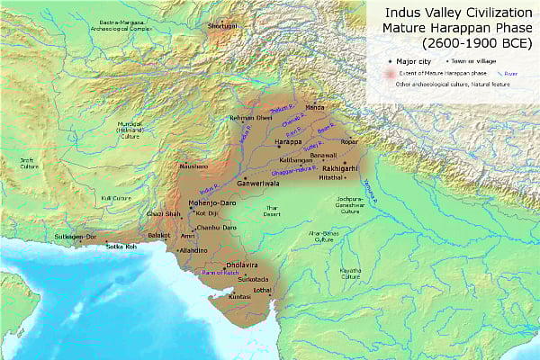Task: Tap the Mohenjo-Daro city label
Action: click(212, 203)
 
